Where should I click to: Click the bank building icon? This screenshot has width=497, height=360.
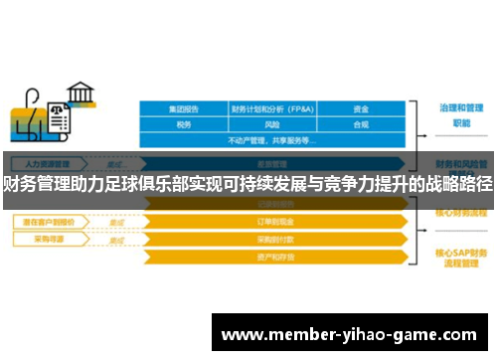coord(81,95)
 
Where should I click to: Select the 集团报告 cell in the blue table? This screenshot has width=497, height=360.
coord(183,108)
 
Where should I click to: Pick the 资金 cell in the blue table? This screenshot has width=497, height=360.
coord(361,108)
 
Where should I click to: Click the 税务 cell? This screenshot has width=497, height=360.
coord(183,124)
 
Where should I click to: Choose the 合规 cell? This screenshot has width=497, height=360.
coord(361,124)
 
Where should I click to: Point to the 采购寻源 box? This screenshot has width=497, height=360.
coord(45,240)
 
